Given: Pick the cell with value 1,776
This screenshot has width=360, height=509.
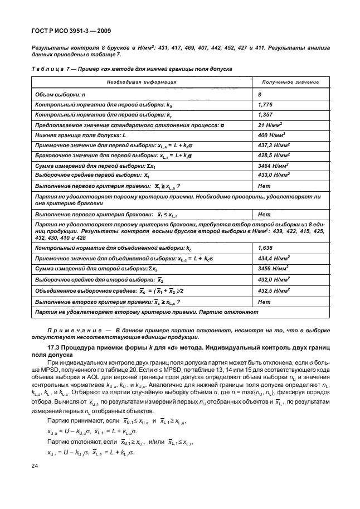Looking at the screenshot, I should point(265,104).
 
